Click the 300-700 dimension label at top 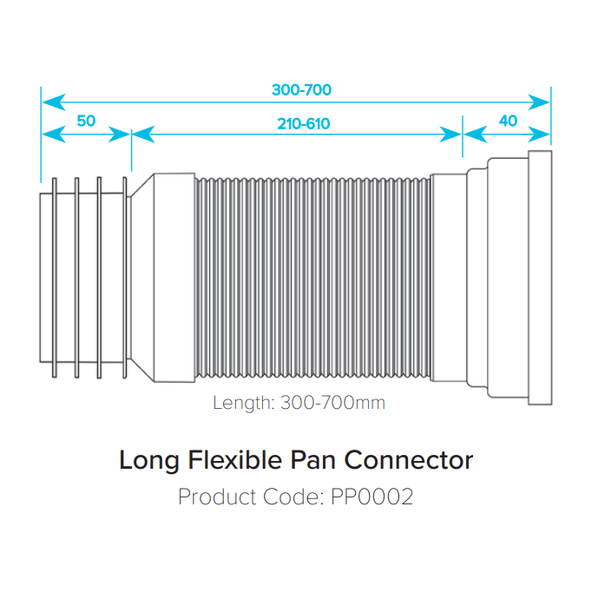click(301, 90)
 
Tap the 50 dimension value click(86, 121)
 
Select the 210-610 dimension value click(304, 123)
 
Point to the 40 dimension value click(508, 121)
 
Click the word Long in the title click(146, 460)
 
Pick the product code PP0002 click(372, 497)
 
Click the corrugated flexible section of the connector click(312, 278)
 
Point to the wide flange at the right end click(539, 278)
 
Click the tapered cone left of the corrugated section click(141, 278)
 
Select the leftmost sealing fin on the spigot click(55, 278)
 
